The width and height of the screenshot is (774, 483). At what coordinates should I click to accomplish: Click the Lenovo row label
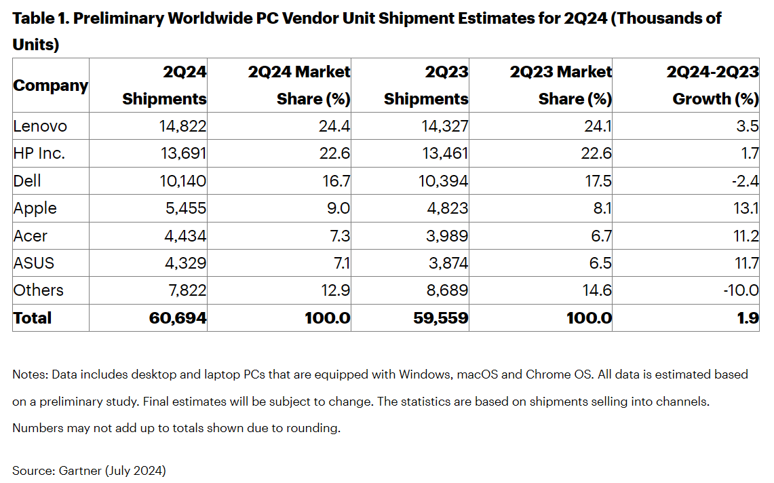coord(40,126)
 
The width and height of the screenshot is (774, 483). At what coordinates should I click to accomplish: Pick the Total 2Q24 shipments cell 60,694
coord(178,318)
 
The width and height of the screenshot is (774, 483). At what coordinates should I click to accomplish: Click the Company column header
coord(51,86)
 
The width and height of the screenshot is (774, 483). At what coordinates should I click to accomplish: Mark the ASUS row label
coord(33,263)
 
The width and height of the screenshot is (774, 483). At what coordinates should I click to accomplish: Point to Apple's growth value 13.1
coord(746,208)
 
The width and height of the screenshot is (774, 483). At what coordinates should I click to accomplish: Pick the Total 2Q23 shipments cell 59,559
coord(440,318)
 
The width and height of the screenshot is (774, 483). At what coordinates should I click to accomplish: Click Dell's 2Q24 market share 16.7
coord(335,181)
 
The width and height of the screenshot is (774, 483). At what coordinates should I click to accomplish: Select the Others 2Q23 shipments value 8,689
coord(444,290)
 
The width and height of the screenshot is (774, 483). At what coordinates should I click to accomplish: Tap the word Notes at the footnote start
coord(29,374)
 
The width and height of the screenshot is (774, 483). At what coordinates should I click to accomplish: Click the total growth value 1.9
coord(748,318)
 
